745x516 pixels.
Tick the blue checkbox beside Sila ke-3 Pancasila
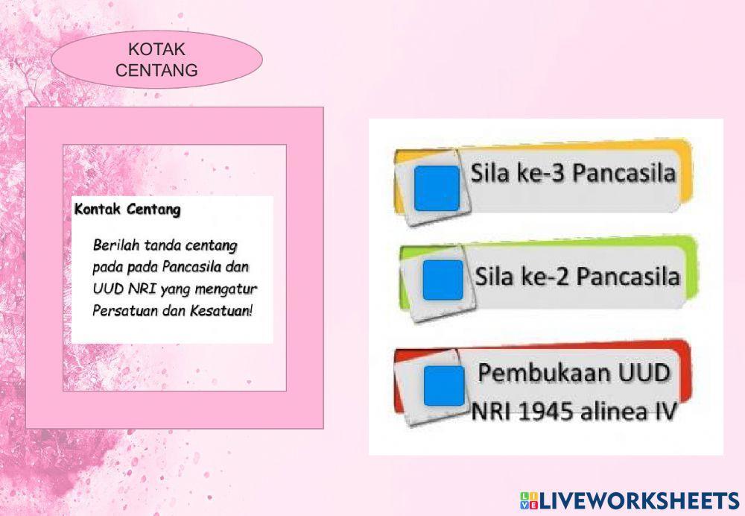(x=437, y=189)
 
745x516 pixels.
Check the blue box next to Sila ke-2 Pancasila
(x=443, y=280)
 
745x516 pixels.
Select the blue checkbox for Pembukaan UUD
(x=444, y=386)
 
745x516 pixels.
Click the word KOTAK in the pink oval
(x=156, y=49)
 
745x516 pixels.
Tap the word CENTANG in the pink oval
(x=156, y=70)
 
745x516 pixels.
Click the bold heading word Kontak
(x=98, y=210)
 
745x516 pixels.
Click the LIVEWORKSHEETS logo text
(x=640, y=501)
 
